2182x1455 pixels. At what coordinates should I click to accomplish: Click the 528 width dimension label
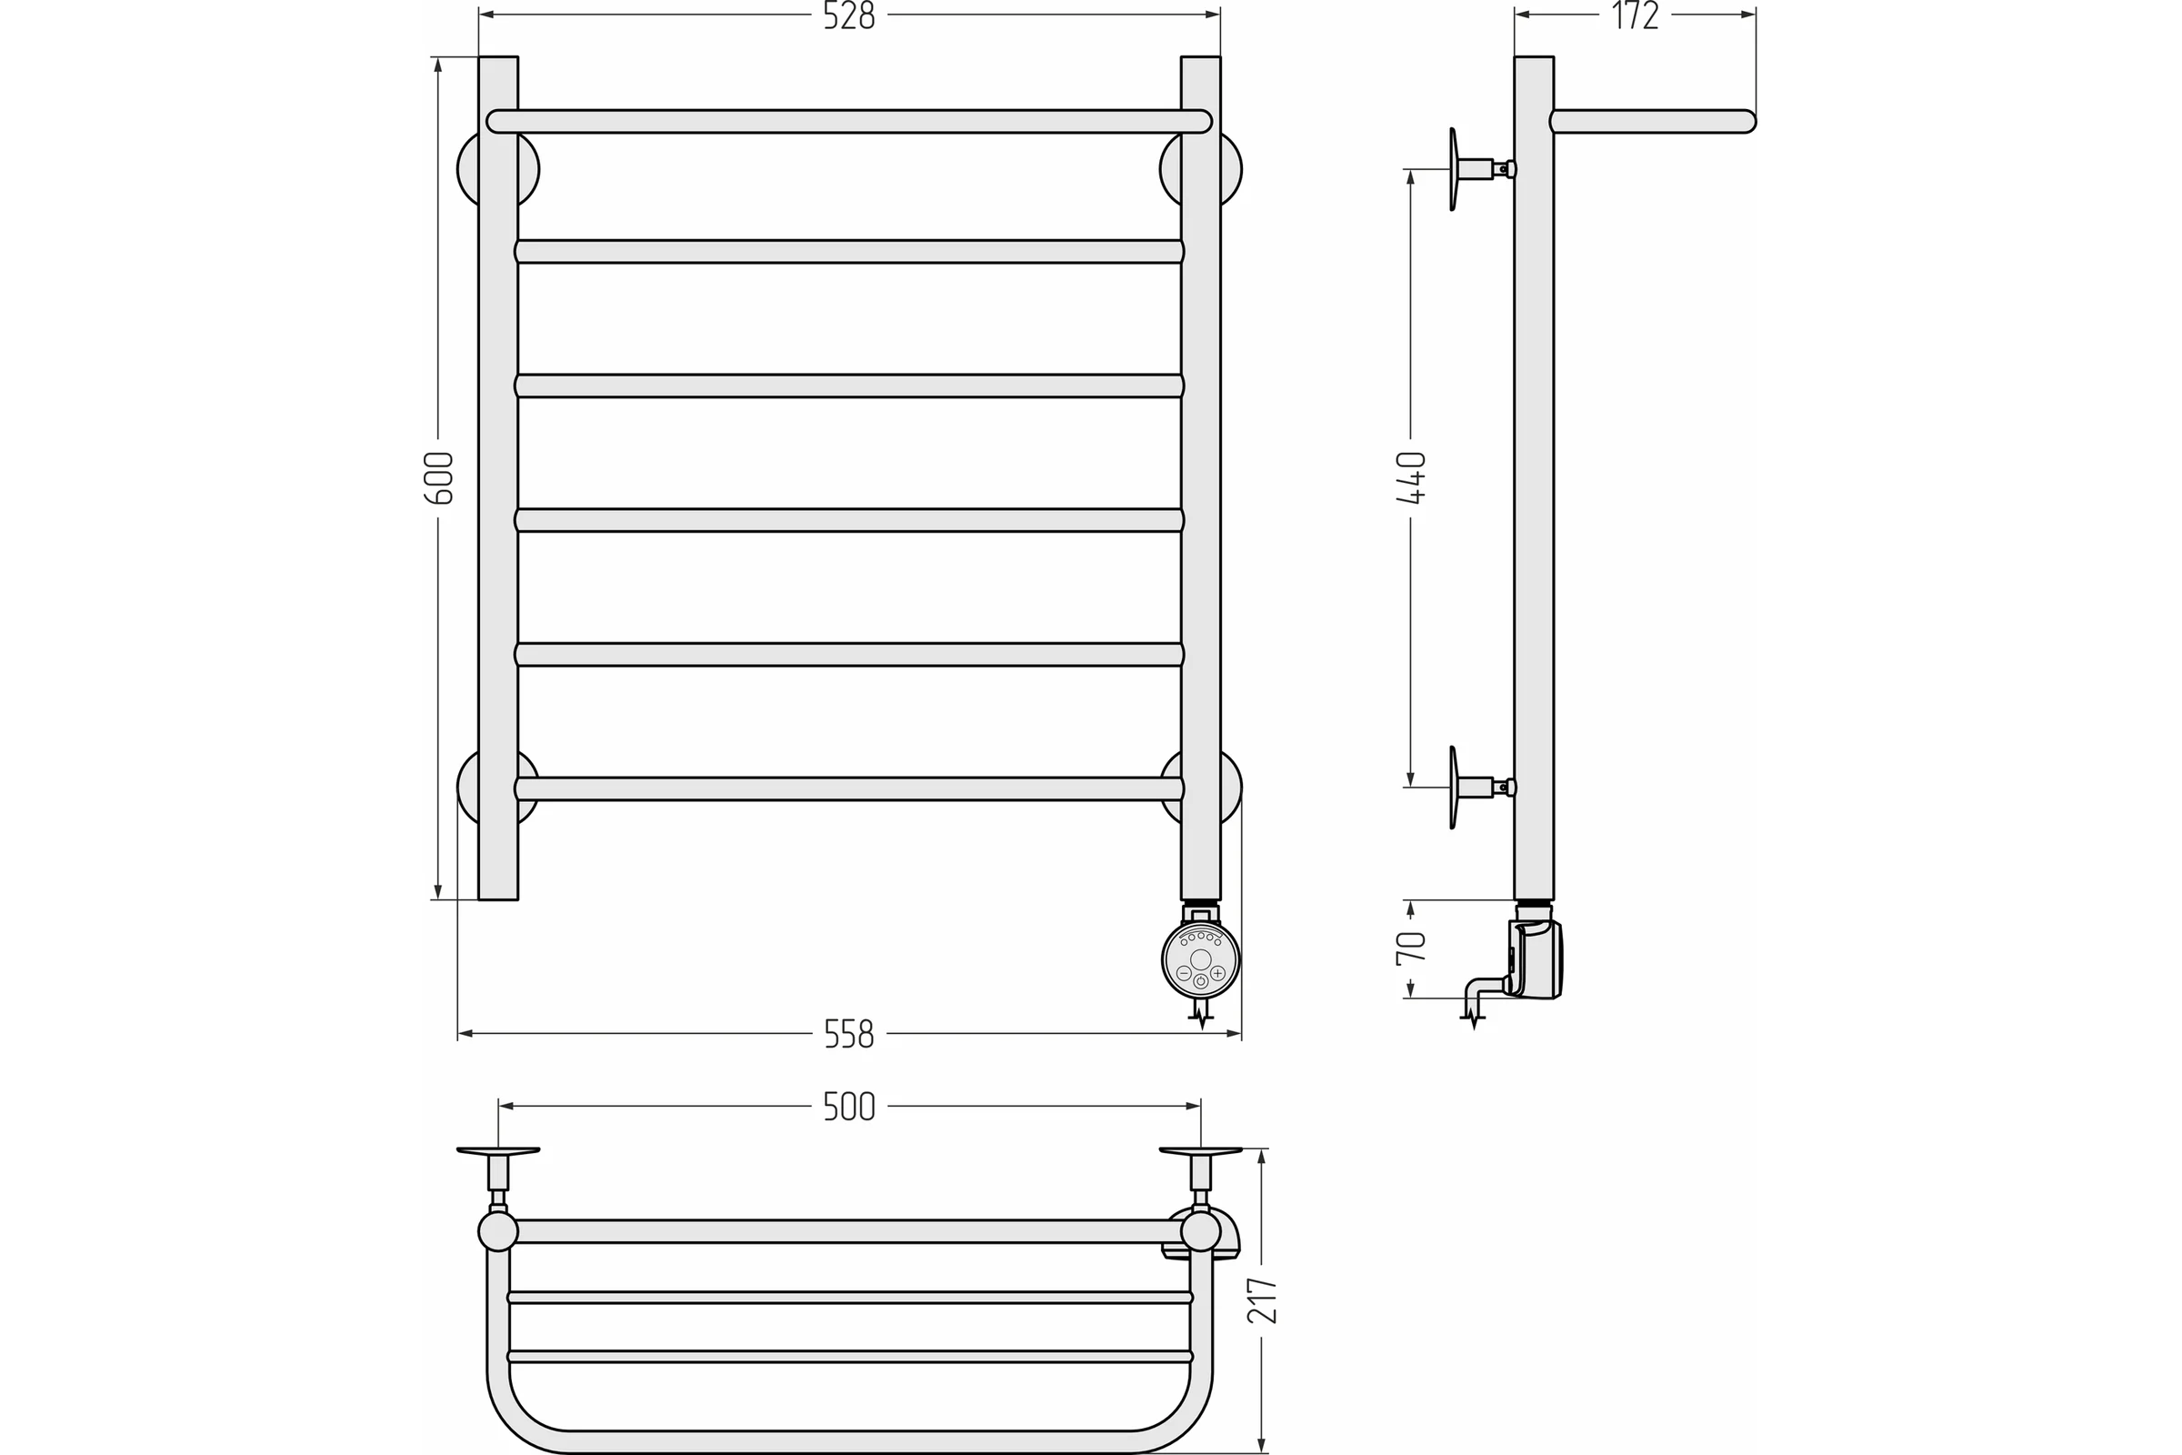849,15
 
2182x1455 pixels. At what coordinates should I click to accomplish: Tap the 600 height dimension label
439,478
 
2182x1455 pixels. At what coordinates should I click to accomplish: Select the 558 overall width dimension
849,1034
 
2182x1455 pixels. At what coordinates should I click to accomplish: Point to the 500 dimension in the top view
849,1106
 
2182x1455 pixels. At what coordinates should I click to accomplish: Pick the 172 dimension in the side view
1635,15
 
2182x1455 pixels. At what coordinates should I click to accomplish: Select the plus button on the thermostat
1218,973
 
